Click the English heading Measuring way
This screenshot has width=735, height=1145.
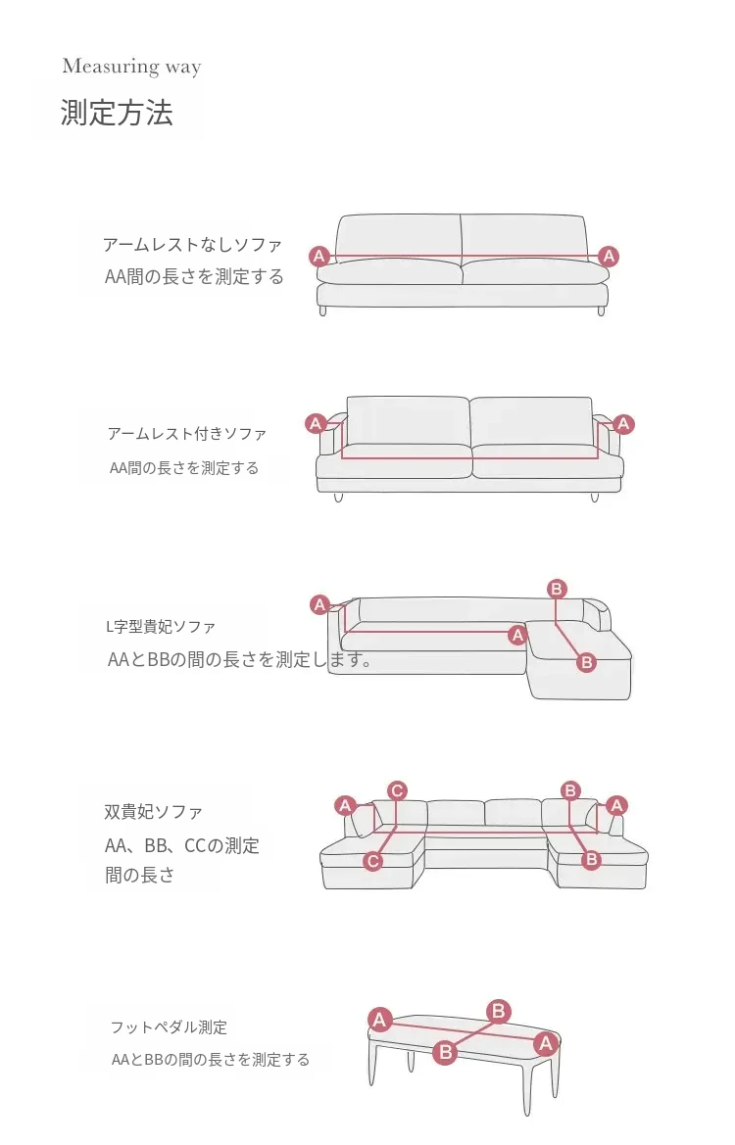coord(131,67)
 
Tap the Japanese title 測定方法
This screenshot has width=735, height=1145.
coord(117,114)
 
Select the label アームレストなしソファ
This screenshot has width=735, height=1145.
coord(192,245)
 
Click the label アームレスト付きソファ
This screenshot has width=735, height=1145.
coord(187,434)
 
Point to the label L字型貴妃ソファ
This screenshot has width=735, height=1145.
coord(161,627)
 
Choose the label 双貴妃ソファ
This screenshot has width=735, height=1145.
coord(154,811)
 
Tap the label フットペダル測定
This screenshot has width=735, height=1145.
coord(169,1027)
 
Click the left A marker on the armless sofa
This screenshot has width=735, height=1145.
coord(318,257)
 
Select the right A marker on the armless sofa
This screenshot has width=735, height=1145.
coord(609,257)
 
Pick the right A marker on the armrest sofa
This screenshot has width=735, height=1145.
coord(623,423)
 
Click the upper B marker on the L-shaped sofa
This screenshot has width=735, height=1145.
coord(557,589)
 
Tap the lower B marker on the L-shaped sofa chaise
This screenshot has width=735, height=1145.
coord(586,663)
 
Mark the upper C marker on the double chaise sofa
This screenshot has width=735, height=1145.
coord(397,790)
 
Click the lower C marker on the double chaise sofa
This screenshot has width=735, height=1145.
coord(372,861)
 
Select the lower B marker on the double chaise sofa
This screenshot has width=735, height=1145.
coord(591,859)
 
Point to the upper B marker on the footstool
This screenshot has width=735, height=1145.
coord(498,1012)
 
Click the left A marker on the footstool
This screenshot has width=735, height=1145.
coord(379,1021)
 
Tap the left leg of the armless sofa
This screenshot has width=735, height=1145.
coord(323,311)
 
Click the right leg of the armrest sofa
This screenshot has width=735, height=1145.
coord(595,498)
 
